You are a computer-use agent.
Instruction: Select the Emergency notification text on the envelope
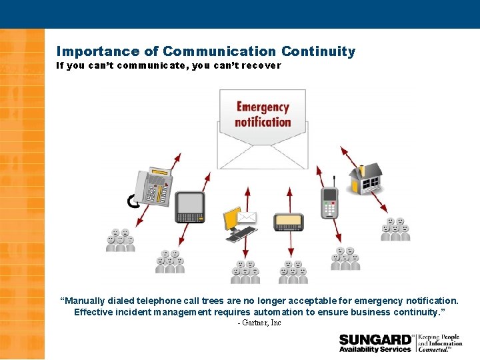(x=263, y=115)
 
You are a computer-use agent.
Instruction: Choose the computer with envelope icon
(x=239, y=224)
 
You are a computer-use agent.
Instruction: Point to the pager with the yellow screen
(x=289, y=221)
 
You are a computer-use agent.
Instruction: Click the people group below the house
(x=395, y=229)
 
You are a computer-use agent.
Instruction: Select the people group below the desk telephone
(x=120, y=241)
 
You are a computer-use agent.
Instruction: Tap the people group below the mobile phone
(x=345, y=259)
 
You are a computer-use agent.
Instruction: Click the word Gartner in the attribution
(x=256, y=323)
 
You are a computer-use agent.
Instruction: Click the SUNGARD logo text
(x=375, y=339)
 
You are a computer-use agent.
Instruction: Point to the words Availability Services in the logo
(x=375, y=349)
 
